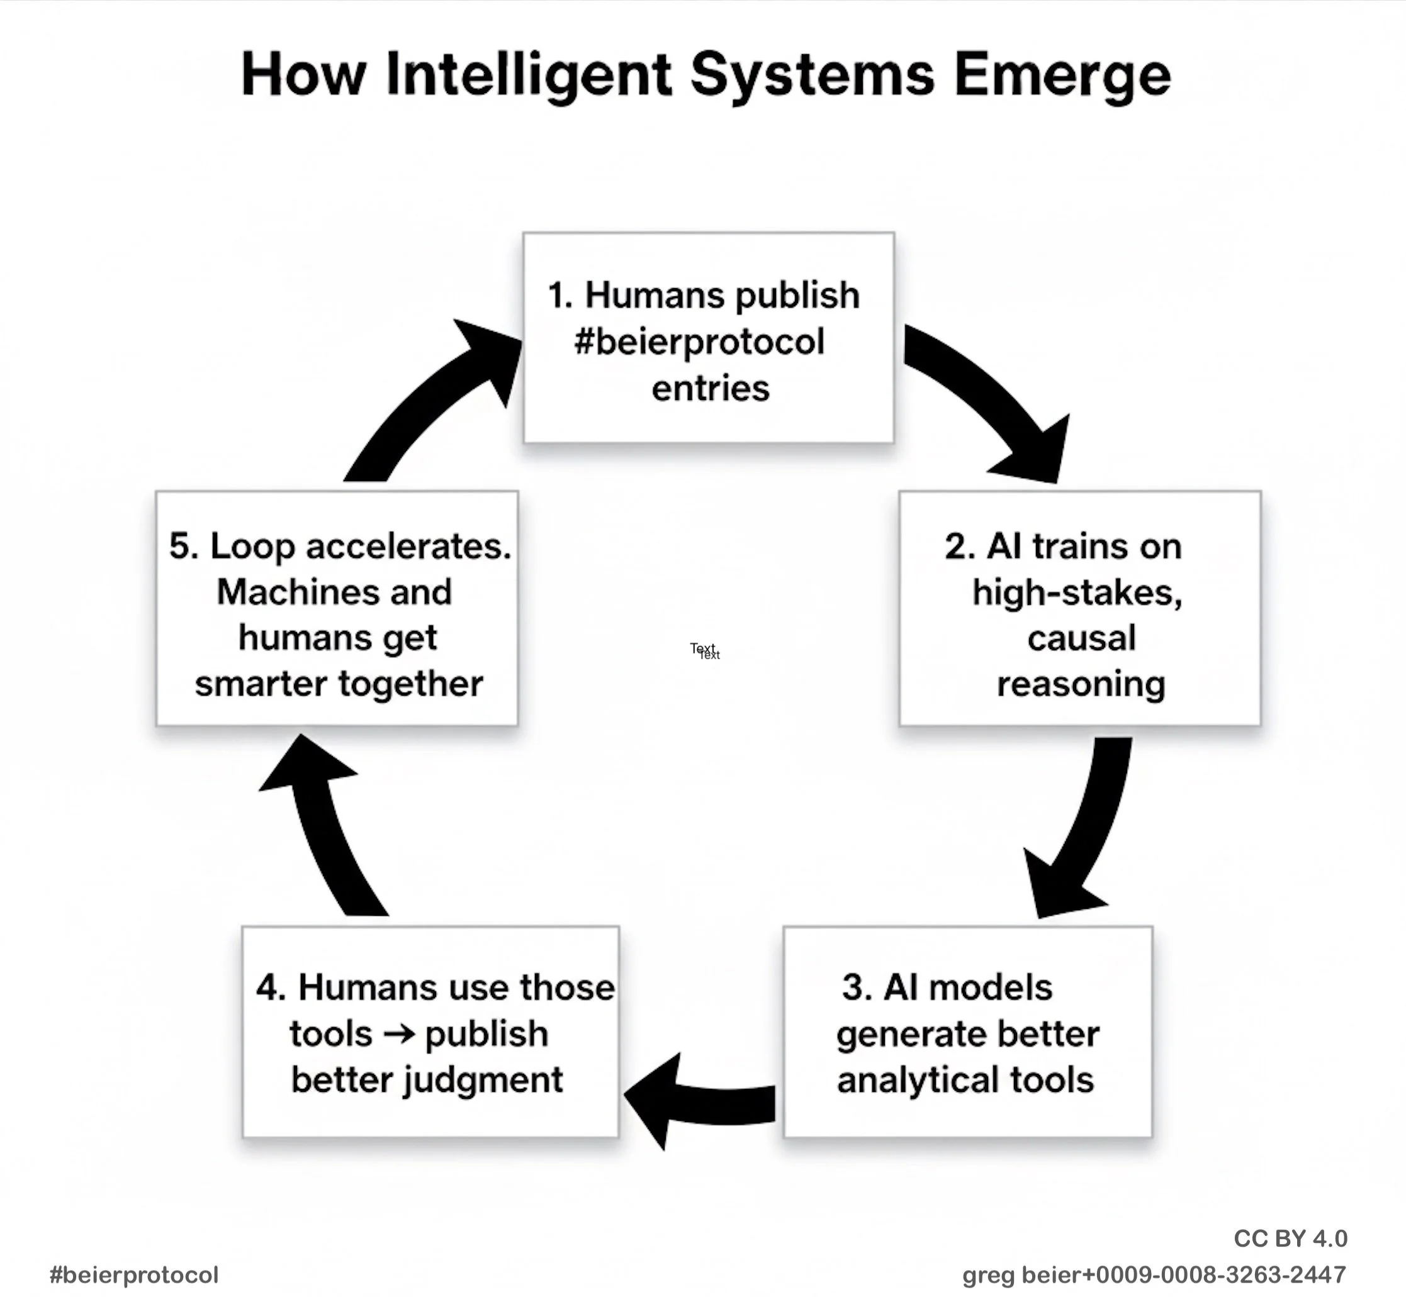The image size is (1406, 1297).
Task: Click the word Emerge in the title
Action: point(1062,76)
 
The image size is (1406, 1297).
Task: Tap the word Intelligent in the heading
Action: point(528,76)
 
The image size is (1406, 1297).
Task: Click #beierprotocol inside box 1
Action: point(699,342)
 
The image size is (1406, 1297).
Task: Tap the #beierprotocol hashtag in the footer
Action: point(134,1274)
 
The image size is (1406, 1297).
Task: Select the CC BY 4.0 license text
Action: point(1290,1239)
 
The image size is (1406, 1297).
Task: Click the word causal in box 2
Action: point(1081,638)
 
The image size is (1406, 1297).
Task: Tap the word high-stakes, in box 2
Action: point(1077,593)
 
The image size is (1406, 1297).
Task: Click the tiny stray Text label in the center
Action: point(704,650)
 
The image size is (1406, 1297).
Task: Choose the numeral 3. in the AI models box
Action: point(857,988)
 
